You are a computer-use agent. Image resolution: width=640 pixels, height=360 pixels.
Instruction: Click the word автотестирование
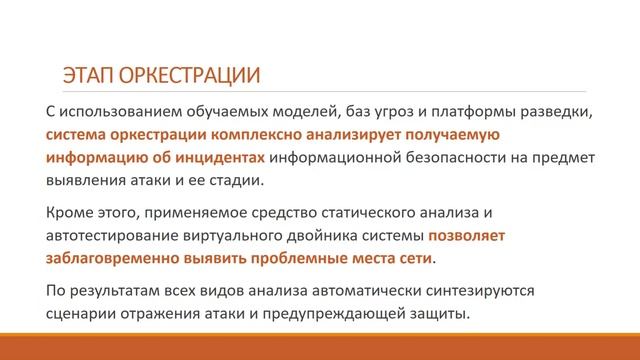point(110,237)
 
